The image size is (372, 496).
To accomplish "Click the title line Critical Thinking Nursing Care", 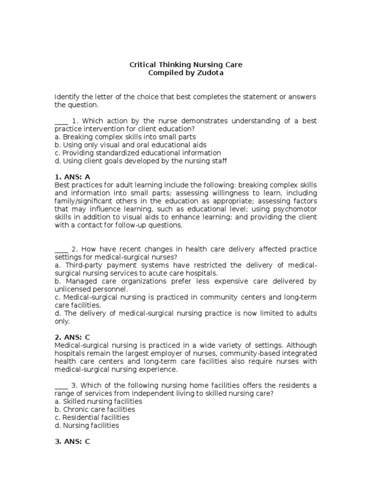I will pos(186,64).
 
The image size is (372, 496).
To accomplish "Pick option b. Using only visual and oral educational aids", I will pos(130,145).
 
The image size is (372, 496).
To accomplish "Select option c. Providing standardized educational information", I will pos(138,153).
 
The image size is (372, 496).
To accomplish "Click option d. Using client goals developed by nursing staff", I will pos(140,161).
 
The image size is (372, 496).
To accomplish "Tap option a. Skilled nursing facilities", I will pos(98,402).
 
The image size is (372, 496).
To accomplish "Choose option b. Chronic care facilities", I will pos(94,409).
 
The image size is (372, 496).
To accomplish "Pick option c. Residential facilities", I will pos(92,418).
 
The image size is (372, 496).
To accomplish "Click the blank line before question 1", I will pos(61,121).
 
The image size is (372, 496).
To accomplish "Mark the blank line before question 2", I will pos(61,249).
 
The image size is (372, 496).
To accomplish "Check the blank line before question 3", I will pos(61,385).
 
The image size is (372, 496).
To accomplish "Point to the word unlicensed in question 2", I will pos(73,289).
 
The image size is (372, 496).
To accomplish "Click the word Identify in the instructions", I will pos(67,97).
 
